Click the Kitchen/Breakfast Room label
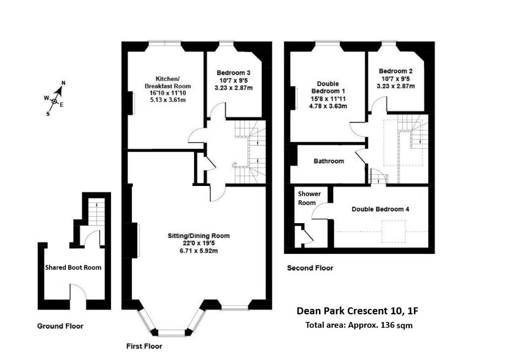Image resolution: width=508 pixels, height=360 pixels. click(x=168, y=82)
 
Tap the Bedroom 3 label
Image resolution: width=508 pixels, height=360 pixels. click(x=234, y=73)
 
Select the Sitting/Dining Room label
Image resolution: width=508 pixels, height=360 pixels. click(x=198, y=236)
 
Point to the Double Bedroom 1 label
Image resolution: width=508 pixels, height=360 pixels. click(x=328, y=87)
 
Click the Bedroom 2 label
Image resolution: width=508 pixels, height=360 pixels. click(x=395, y=71)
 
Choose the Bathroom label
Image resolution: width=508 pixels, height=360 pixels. click(x=328, y=161)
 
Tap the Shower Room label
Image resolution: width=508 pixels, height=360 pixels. click(x=309, y=198)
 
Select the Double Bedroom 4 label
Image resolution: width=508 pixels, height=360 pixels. click(x=381, y=209)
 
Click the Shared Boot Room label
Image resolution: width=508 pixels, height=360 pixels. click(x=73, y=267)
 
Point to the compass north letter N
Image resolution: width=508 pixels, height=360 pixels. click(x=63, y=83)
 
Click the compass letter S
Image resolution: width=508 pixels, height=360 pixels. click(x=48, y=114)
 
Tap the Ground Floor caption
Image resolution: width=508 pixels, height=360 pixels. click(x=60, y=326)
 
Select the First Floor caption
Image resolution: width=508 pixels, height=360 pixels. click(x=144, y=347)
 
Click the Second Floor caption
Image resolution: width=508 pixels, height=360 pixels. click(x=310, y=268)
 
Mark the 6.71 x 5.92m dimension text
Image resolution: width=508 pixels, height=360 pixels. click(x=198, y=250)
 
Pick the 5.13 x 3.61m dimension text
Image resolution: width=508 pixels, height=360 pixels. click(x=168, y=100)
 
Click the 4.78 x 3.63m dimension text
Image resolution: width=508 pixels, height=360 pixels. click(x=328, y=106)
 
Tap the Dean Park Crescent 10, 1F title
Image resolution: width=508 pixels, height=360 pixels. click(x=357, y=311)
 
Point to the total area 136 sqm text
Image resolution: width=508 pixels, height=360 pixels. click(x=359, y=325)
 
